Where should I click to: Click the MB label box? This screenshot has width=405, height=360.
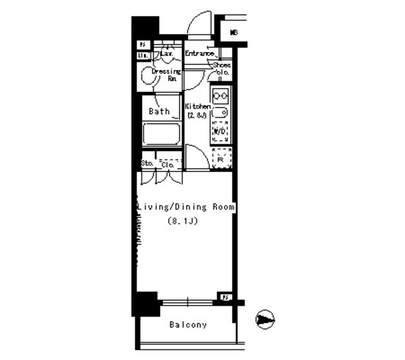pos(234,32)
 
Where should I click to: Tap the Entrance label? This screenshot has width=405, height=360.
pos(201,54)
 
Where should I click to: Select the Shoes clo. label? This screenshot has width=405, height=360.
pos(221,69)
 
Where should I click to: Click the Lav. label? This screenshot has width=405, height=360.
pos(167,54)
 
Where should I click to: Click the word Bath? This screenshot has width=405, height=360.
pos(159,111)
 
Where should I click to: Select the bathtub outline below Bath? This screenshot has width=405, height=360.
pos(161,134)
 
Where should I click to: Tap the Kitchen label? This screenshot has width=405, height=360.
pos(197,106)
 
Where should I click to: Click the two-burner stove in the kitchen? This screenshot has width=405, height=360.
pos(220,96)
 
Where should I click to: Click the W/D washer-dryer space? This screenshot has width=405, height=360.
pos(220,131)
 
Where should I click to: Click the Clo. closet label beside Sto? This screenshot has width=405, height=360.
pos(168,164)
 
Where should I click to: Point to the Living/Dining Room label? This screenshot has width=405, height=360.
pos(187,207)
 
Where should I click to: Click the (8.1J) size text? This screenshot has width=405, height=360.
pos(183,221)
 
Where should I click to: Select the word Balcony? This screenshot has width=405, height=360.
pos(188,325)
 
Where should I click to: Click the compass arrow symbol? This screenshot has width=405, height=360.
pos(265,320)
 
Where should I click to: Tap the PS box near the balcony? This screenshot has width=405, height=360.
pos(225,296)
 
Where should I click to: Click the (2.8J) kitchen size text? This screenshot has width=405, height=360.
pos(197,115)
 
